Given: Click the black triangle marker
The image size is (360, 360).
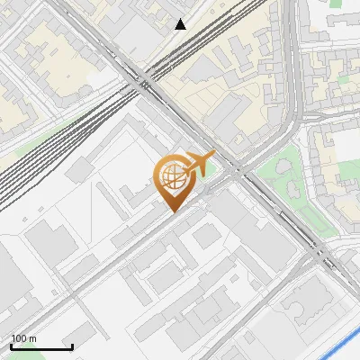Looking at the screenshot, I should coord(181,24).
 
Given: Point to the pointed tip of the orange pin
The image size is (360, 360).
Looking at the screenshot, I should coord(172,211).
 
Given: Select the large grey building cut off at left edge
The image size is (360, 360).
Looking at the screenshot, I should coord(7,279).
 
